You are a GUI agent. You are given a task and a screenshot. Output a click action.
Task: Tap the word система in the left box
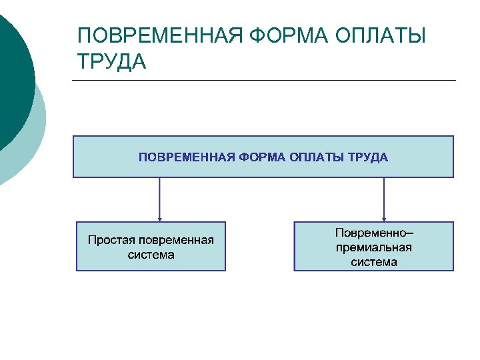click(151, 255)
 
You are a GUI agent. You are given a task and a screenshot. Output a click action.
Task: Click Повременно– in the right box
click(374, 233)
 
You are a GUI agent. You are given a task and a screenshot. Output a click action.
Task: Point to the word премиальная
click(374, 247)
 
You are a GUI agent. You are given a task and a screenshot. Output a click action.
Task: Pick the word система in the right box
click(374, 262)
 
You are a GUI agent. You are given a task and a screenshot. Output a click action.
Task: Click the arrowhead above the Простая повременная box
click(160, 218)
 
